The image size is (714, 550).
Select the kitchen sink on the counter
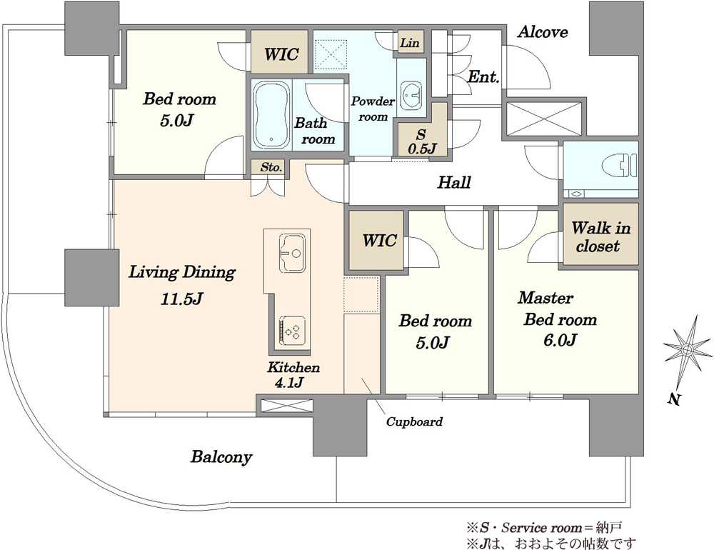click(291, 252)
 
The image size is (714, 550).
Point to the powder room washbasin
click(413, 95)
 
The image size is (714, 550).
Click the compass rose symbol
click(687, 350)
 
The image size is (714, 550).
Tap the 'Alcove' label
click(543, 32)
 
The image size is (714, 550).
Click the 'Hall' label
click(454, 183)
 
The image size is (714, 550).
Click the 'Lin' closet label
click(409, 43)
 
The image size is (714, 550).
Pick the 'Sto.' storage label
click(271, 167)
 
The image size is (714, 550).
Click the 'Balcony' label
click(221, 457)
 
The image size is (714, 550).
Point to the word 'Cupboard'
click(414, 421)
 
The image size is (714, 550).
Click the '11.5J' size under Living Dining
click(181, 299)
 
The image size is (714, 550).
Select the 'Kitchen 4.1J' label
click(293, 374)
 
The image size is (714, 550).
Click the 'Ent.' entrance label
click(483, 76)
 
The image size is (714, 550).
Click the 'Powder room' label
click(373, 109)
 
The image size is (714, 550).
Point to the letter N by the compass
click(674, 400)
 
